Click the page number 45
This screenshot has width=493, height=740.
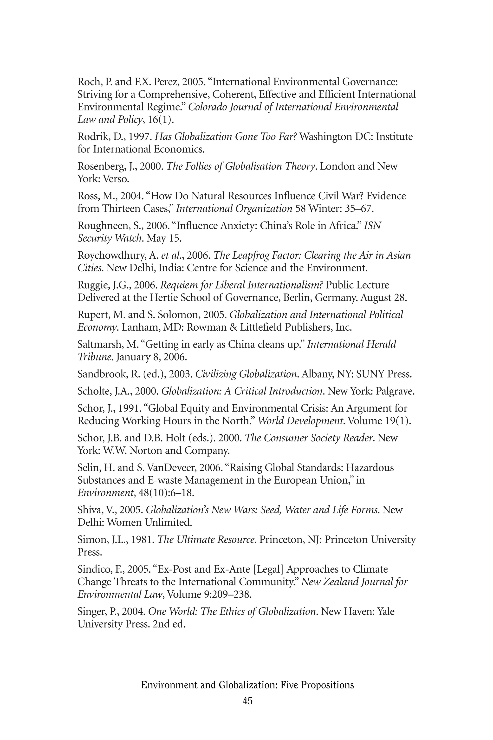(247, 701)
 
